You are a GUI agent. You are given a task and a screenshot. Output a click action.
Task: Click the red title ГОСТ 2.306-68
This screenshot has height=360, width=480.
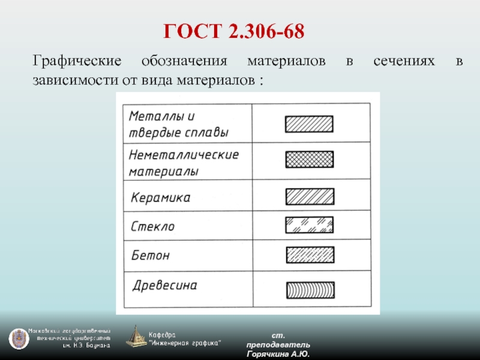click(234, 31)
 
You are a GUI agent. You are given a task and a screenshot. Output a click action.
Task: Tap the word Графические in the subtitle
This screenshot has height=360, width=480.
click(77, 61)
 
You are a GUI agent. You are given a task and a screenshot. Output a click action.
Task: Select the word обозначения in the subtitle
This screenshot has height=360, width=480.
click(184, 61)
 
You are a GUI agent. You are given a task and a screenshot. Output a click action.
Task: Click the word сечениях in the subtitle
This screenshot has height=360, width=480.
click(404, 61)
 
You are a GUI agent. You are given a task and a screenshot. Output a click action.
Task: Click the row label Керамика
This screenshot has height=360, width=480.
click(161, 197)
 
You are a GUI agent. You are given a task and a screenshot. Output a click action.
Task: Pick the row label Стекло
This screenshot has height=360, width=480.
click(153, 227)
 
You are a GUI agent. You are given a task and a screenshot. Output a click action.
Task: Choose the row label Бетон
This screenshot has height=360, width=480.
click(151, 255)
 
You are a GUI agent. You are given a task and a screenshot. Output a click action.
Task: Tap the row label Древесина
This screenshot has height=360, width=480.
click(165, 286)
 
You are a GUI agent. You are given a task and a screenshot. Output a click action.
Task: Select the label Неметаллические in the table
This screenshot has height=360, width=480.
click(184, 155)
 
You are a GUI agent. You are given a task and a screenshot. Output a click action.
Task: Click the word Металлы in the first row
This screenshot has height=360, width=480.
click(158, 116)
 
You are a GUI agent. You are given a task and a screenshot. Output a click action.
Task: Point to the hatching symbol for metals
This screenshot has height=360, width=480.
click(309, 124)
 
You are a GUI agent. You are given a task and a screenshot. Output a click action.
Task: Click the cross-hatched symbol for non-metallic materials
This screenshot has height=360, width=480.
click(310, 160)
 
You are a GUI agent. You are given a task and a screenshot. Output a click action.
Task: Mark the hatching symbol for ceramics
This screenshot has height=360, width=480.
click(310, 197)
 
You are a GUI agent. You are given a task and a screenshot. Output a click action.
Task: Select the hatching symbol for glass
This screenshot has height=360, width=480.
click(310, 225)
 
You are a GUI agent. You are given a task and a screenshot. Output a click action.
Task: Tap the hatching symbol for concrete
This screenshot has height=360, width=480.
click(310, 255)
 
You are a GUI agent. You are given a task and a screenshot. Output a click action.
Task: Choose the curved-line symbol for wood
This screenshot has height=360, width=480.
click(310, 290)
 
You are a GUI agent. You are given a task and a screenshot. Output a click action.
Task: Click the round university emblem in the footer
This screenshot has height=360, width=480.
click(19, 339)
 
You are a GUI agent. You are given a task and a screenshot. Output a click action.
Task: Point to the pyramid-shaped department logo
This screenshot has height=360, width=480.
click(136, 337)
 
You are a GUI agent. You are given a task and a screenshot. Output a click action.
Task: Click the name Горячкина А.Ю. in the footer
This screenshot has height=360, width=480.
click(278, 354)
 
